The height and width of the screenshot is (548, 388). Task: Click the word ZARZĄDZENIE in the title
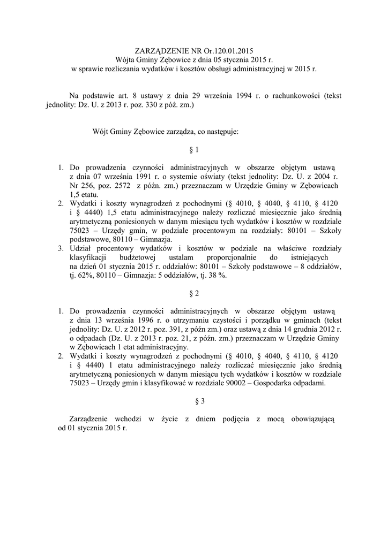(158, 51)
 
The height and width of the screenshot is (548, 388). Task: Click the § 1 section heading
(195, 150)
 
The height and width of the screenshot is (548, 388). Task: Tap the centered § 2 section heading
(195, 293)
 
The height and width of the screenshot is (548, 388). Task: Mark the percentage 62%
(78, 276)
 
